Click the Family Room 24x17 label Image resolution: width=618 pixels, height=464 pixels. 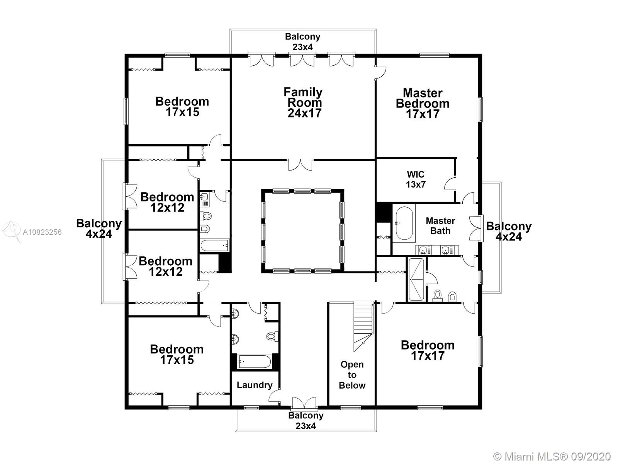pyautogui.click(x=303, y=102)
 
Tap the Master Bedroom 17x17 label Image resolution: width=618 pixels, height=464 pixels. pyautogui.click(x=423, y=103)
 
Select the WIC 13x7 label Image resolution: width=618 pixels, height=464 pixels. pyautogui.click(x=416, y=179)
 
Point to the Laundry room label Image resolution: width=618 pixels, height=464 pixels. pyautogui.click(x=255, y=385)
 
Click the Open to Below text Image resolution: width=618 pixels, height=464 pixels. pyautogui.click(x=352, y=375)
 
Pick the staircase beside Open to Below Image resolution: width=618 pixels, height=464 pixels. pyautogui.click(x=363, y=326)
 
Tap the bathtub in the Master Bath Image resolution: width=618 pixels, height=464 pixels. pyautogui.click(x=404, y=223)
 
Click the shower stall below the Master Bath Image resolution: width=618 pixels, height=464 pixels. pyautogui.click(x=416, y=280)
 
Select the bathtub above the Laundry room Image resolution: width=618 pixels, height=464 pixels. pyautogui.click(x=255, y=362)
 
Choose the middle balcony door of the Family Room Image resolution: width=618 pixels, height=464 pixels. pyautogui.click(x=302, y=59)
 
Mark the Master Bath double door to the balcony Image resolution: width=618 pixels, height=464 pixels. pyautogui.click(x=476, y=228)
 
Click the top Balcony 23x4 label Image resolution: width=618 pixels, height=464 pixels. pyautogui.click(x=303, y=42)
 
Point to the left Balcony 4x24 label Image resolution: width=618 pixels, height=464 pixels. pyautogui.click(x=99, y=229)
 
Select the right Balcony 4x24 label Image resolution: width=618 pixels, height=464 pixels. pyautogui.click(x=509, y=231)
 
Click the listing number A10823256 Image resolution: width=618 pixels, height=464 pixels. pyautogui.click(x=42, y=232)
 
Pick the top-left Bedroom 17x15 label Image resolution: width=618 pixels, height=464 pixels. pyautogui.click(x=182, y=106)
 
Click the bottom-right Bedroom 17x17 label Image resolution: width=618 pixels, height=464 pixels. pyautogui.click(x=428, y=350)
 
